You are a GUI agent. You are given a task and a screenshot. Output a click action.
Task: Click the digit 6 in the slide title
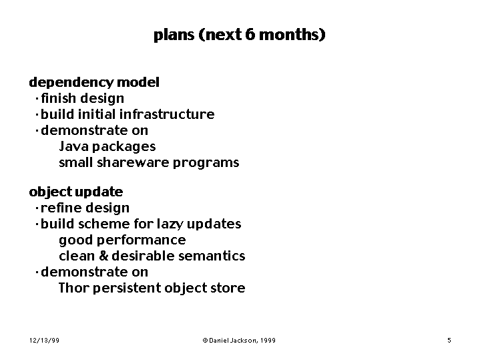(x=250, y=34)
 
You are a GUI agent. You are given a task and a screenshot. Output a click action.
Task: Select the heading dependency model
(x=94, y=83)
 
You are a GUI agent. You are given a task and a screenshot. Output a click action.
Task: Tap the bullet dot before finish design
(x=37, y=99)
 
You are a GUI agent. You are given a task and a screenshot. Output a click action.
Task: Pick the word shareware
(x=133, y=162)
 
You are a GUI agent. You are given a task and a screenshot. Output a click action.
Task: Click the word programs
(x=206, y=163)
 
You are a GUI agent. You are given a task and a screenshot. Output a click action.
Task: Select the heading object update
(x=76, y=192)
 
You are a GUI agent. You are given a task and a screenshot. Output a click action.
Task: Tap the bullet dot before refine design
(x=37, y=208)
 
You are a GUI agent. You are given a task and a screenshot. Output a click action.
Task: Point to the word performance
(x=141, y=240)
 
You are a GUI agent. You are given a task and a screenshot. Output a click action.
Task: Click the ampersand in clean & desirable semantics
(x=103, y=256)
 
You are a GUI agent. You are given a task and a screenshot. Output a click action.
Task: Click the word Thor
(x=74, y=288)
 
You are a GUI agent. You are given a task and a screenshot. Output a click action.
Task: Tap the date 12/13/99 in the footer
(x=44, y=341)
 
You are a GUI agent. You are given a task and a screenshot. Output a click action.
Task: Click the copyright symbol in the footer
(x=205, y=341)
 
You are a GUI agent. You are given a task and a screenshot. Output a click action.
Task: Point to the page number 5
(x=449, y=341)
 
